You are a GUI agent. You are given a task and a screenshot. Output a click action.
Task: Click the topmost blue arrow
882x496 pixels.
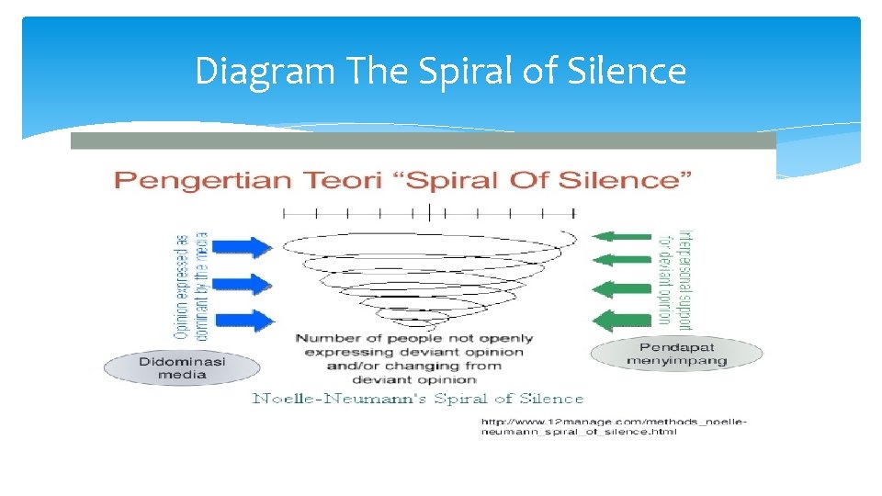point(246,246)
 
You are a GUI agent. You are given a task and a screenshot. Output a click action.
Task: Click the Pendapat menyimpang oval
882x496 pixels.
point(676,353)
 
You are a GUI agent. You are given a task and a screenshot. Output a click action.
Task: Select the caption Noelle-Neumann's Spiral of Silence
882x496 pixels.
point(418,399)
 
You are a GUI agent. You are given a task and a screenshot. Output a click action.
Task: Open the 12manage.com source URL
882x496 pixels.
point(614,426)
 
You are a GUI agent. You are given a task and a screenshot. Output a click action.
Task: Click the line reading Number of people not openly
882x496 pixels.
point(413,338)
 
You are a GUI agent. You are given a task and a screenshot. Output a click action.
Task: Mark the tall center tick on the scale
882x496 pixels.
point(429,212)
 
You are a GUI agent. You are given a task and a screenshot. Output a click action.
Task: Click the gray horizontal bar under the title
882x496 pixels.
point(423,141)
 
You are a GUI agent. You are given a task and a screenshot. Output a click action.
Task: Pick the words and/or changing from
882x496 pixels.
point(413,365)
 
